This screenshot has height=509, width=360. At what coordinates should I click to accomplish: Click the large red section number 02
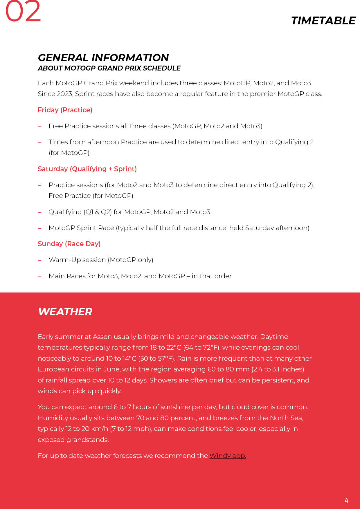coord(23,12)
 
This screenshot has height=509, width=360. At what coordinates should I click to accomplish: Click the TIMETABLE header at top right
coord(323,21)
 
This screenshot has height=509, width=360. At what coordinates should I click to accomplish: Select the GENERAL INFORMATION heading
coord(103,58)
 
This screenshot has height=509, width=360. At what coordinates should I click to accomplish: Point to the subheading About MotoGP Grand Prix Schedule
coord(109,68)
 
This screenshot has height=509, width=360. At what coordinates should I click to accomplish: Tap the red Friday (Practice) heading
coord(65,110)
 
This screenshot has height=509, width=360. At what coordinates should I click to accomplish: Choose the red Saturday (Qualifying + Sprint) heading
coord(87,169)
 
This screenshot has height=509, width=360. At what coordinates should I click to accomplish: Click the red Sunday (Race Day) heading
coord(69,244)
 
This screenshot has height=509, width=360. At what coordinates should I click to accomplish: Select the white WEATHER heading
coord(65,312)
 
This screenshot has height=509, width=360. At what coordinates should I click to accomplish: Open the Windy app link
coord(228,456)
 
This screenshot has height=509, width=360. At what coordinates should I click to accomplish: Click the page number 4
coord(346,500)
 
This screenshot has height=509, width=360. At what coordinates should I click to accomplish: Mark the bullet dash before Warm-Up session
coord(40,260)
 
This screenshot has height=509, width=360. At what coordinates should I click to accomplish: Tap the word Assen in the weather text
coord(102,337)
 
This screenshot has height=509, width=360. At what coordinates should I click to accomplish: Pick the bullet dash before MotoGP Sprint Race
coord(40,228)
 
